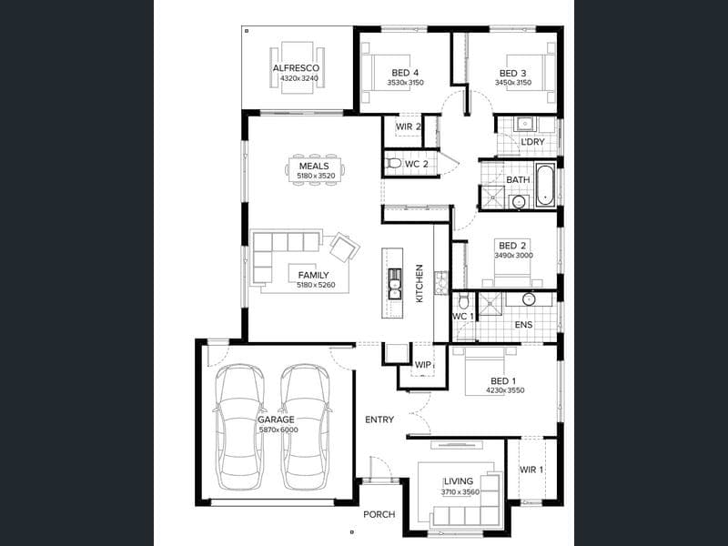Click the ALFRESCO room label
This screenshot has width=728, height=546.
click(296, 67)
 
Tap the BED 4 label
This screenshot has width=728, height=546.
click(405, 73)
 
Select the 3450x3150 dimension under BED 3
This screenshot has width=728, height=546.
click(512, 83)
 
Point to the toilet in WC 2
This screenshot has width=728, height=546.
click(394, 164)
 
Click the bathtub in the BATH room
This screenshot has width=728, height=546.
click(544, 185)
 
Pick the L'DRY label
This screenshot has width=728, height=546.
click(532, 142)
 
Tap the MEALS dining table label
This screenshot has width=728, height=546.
click(314, 166)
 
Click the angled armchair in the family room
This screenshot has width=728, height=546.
click(345, 247)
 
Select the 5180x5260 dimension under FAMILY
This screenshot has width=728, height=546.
click(316, 285)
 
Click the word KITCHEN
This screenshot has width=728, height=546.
click(420, 283)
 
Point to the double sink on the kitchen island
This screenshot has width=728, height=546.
click(394, 284)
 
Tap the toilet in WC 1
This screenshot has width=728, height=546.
click(463, 302)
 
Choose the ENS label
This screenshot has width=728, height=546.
click(523, 325)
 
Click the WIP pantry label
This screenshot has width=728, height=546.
click(422, 365)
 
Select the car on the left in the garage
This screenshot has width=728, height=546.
click(240, 427)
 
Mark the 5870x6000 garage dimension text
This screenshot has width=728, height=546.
click(278, 430)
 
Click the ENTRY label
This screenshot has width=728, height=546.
click(379, 420)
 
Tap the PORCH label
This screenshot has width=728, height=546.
click(379, 514)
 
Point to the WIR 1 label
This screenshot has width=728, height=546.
click(531, 470)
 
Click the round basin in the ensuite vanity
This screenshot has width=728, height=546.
click(529, 299)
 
